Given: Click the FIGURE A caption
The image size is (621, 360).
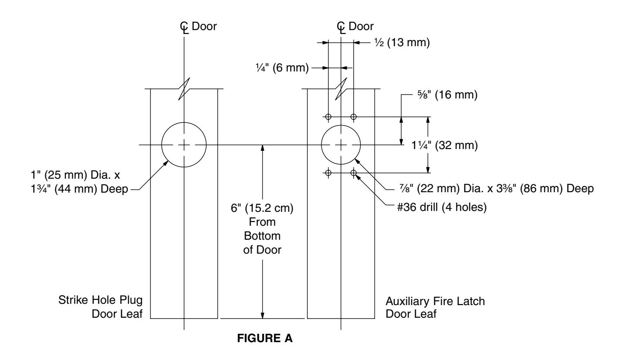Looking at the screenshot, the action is click(x=265, y=338).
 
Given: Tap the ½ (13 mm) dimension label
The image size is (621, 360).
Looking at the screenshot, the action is click(x=402, y=42).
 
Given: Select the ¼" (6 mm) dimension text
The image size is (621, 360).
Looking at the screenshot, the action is click(x=282, y=68).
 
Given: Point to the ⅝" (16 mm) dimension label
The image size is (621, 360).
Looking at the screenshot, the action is click(x=447, y=95).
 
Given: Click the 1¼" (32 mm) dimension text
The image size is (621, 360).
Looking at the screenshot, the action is click(x=444, y=145).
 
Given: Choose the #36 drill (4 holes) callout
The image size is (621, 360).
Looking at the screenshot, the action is click(x=442, y=207).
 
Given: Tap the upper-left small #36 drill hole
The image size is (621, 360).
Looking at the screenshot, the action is click(x=328, y=117).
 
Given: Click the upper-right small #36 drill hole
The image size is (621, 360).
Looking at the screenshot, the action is click(x=354, y=117).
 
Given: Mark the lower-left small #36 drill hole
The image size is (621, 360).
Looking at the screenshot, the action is click(x=328, y=173).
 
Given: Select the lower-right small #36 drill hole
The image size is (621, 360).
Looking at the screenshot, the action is click(x=354, y=173).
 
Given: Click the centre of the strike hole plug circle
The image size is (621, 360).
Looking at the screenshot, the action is click(x=184, y=145).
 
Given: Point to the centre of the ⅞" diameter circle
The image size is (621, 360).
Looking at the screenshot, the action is click(x=341, y=145).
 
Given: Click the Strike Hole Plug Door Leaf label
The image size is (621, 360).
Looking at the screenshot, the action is click(x=100, y=307).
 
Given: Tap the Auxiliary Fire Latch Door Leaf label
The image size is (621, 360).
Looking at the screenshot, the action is click(x=435, y=307).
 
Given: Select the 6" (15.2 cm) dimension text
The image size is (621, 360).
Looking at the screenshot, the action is click(x=262, y=208).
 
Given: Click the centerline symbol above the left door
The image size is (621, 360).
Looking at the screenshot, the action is click(x=184, y=27).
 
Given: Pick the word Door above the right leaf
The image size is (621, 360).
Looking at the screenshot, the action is click(x=361, y=26).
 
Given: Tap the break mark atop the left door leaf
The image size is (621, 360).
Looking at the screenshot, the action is click(x=184, y=88).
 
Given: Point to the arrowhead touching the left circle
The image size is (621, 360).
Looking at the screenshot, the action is click(x=166, y=163).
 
